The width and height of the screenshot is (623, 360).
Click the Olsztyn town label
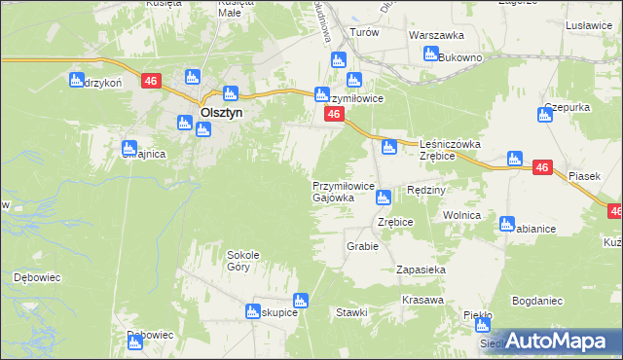click(x=221, y=112)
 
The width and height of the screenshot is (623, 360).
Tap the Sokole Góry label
click(x=244, y=260)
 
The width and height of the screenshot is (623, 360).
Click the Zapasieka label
click(x=421, y=270)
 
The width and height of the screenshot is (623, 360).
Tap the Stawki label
click(x=351, y=312)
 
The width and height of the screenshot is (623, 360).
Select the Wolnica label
click(x=462, y=215)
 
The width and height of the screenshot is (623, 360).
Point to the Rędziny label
click(x=426, y=190)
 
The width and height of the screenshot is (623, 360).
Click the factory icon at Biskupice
click(x=300, y=302)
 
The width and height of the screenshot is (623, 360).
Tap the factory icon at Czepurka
click(x=545, y=116)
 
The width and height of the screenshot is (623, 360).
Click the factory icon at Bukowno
click(x=430, y=54)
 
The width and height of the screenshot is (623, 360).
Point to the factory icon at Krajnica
click(x=128, y=149)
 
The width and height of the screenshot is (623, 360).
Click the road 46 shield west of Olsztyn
click(x=150, y=82)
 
